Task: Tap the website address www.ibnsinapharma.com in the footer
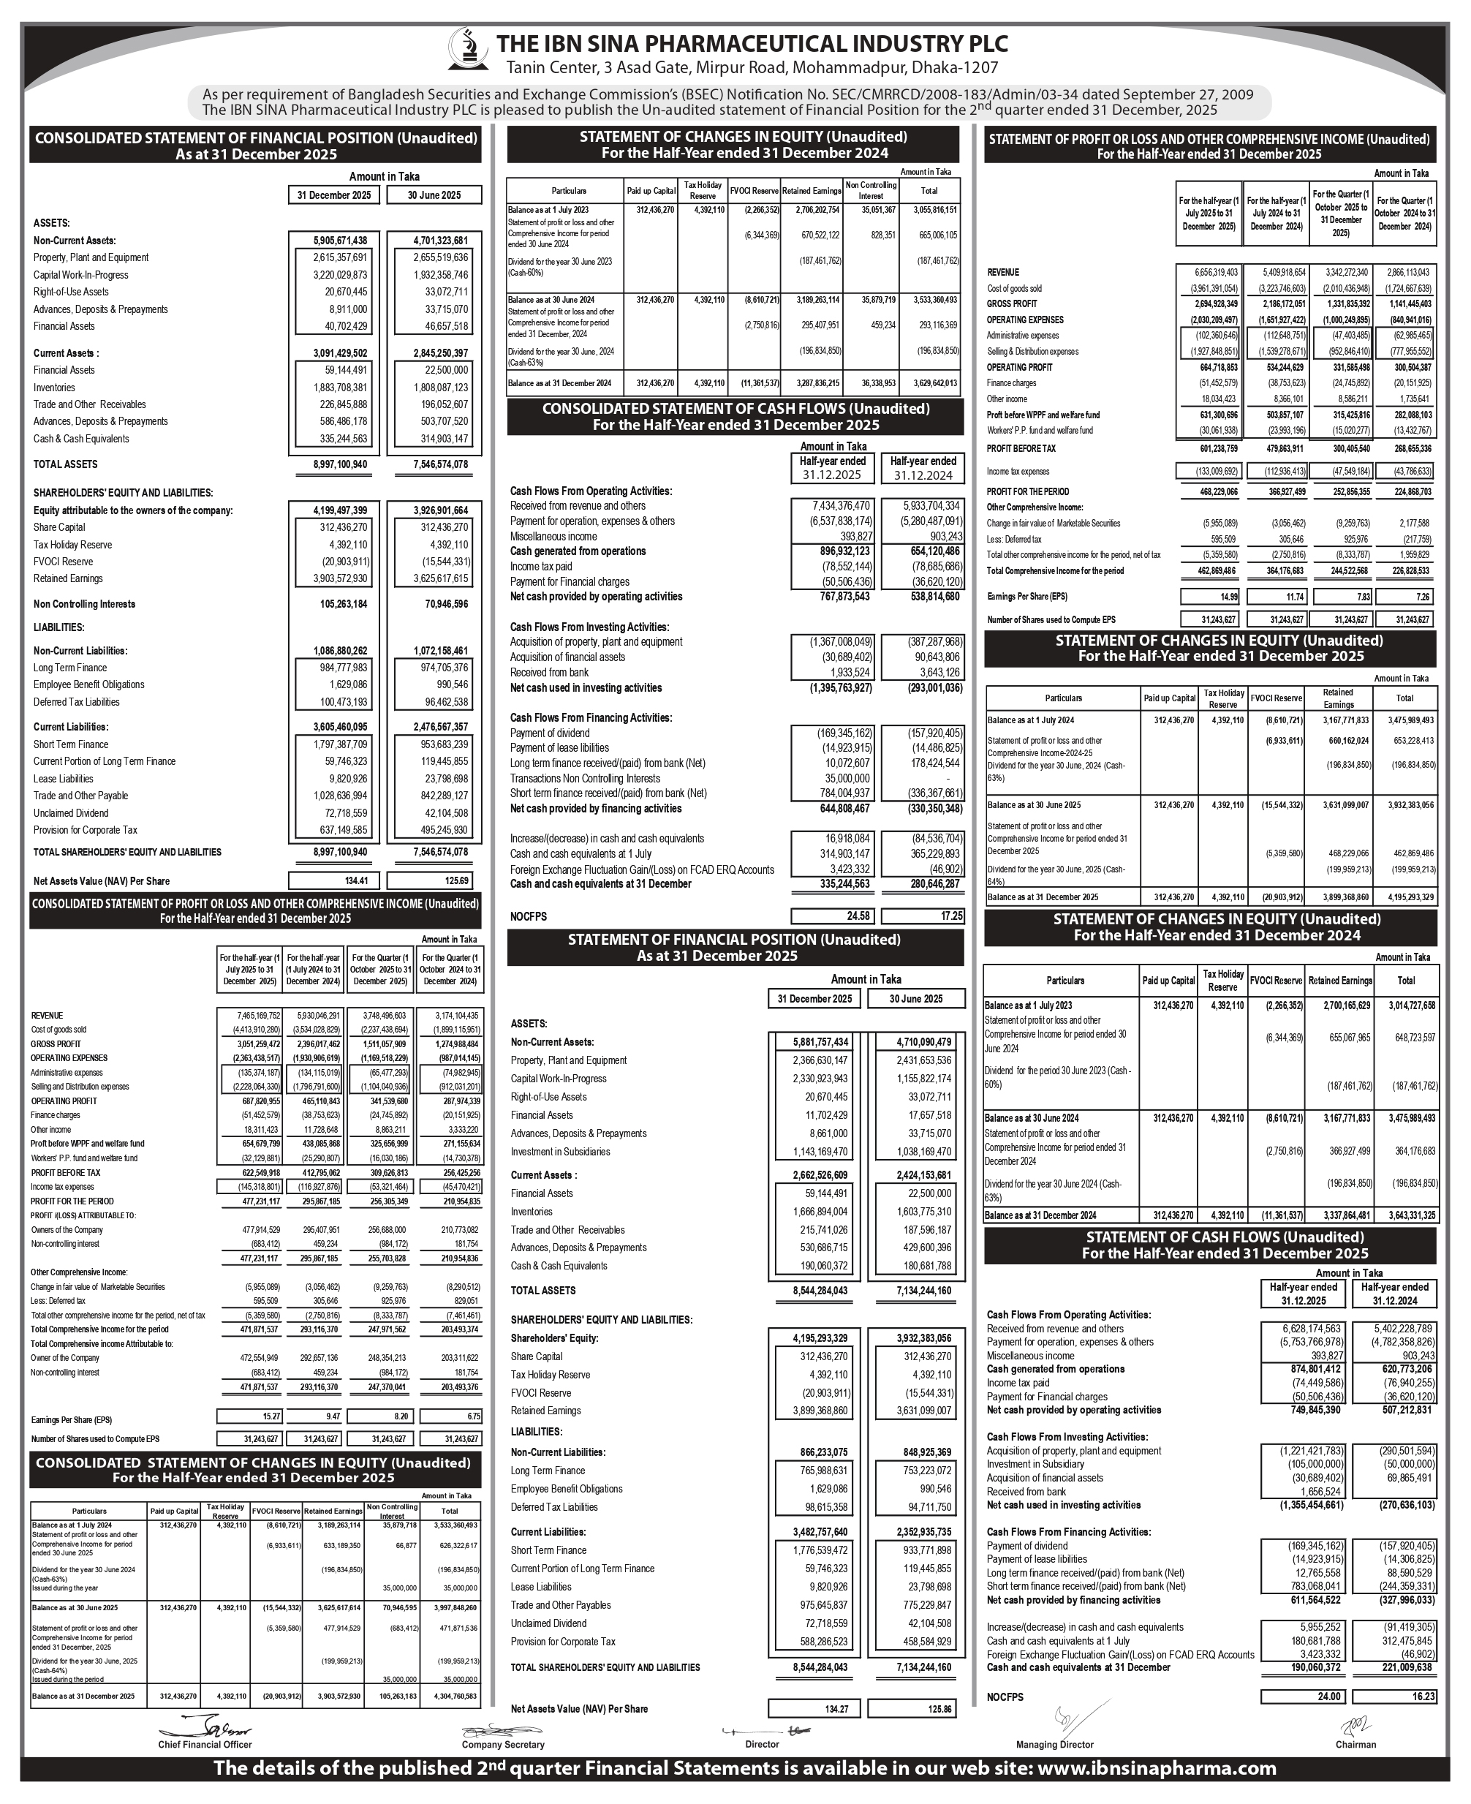[x=1156, y=1767]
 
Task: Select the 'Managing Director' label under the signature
[x=1054, y=1745]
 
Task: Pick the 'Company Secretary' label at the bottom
[x=502, y=1745]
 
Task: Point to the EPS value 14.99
[x=1208, y=597]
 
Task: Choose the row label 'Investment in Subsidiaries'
[x=560, y=1152]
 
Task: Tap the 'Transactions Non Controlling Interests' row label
[x=585, y=778]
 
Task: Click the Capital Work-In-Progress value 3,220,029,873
[x=334, y=274]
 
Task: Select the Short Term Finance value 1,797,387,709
[x=334, y=744]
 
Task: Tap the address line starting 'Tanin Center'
[x=752, y=69]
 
